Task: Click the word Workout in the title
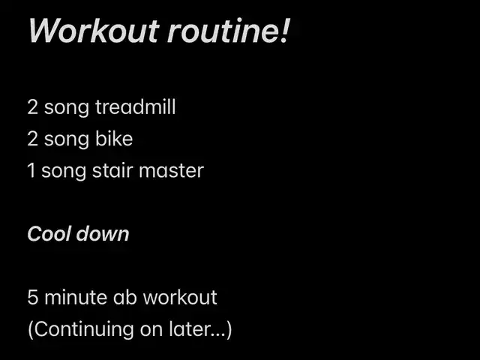click(x=94, y=31)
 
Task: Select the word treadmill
click(x=135, y=106)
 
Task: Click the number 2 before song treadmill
click(x=33, y=107)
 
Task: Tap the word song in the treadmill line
click(x=67, y=109)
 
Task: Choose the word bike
click(x=114, y=139)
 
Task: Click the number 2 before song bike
click(x=33, y=139)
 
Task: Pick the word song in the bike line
click(x=67, y=141)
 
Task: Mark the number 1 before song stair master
click(x=31, y=170)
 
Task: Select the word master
click(x=172, y=171)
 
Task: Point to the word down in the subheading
click(x=103, y=234)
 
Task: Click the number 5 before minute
click(x=33, y=297)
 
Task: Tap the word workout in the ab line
click(x=180, y=297)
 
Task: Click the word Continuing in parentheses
click(x=83, y=330)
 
